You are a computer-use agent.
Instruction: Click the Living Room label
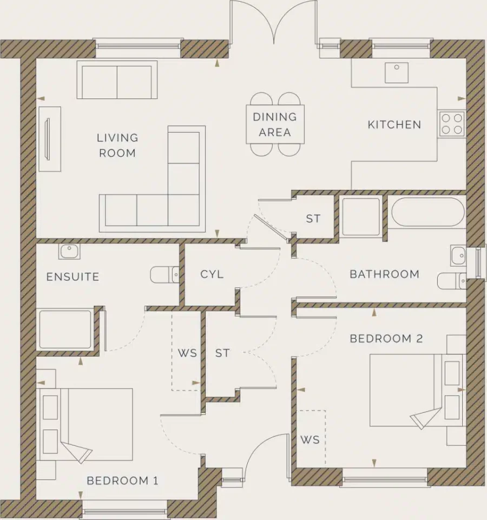click(x=117, y=145)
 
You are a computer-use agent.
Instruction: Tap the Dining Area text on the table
click(x=275, y=124)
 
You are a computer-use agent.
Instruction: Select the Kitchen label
click(x=394, y=124)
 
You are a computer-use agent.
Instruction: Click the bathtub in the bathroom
click(x=427, y=212)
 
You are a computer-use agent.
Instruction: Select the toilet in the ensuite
click(x=164, y=274)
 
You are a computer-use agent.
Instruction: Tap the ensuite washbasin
click(x=69, y=252)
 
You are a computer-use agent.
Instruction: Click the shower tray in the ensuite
click(x=65, y=329)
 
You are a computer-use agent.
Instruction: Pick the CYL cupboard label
click(x=212, y=274)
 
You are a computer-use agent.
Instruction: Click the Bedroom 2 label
click(x=386, y=339)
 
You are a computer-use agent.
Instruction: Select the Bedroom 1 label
click(x=122, y=480)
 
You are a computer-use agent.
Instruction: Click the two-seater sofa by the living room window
click(x=117, y=80)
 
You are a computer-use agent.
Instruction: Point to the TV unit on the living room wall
click(x=49, y=139)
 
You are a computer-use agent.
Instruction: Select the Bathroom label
click(x=384, y=274)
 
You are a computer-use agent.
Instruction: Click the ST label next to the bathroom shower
click(x=313, y=219)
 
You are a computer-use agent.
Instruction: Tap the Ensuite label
click(x=73, y=277)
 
